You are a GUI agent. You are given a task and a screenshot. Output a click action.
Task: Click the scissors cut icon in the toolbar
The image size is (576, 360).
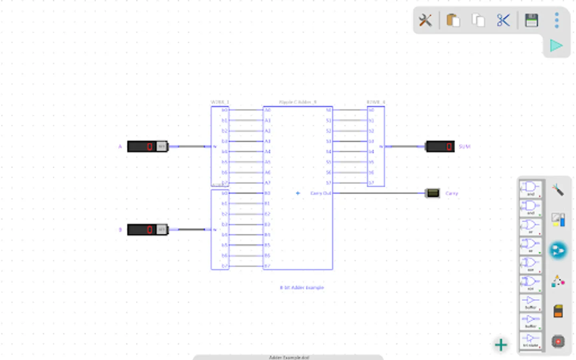pyautogui.click(x=503, y=20)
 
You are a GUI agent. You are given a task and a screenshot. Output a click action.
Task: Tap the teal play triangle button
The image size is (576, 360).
pyautogui.click(x=556, y=46)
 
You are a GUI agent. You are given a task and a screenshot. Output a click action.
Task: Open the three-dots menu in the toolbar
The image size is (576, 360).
pyautogui.click(x=556, y=20)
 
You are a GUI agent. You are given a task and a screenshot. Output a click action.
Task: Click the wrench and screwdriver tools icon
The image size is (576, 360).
pyautogui.click(x=425, y=20)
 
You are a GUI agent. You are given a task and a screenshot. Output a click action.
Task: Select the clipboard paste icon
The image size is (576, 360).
pyautogui.click(x=453, y=20)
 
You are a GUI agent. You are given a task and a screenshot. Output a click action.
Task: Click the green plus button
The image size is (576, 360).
pyautogui.click(x=501, y=345)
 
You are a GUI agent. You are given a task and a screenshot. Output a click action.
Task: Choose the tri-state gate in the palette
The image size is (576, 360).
pyautogui.click(x=530, y=340)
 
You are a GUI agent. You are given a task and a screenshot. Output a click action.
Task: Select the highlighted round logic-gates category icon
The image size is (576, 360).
pyautogui.click(x=558, y=251)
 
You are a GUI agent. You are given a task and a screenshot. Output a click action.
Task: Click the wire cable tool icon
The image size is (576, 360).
pyautogui.click(x=558, y=190)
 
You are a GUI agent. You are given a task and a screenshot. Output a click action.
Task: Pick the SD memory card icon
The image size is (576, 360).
pyautogui.click(x=558, y=311)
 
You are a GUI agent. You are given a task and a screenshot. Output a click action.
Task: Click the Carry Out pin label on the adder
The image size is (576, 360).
pyautogui.click(x=321, y=193)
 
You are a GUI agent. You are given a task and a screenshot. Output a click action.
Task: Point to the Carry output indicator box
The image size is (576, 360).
pyautogui.click(x=432, y=193)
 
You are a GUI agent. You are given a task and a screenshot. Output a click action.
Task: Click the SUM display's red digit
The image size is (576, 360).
pyautogui.click(x=449, y=146)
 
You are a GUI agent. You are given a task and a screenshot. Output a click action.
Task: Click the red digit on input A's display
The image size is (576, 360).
pyautogui.click(x=150, y=146)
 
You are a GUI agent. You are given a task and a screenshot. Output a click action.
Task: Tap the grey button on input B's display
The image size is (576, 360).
pyautogui.click(x=161, y=230)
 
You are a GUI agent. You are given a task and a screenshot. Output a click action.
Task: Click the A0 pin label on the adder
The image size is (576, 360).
pyautogui.click(x=268, y=110)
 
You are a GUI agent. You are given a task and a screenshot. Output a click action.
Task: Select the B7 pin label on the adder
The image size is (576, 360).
pyautogui.click(x=267, y=266)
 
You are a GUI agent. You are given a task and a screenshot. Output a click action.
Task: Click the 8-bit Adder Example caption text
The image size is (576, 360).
pyautogui.click(x=302, y=288)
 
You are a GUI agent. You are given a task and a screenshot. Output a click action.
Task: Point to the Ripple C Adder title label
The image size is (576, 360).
pyautogui.click(x=298, y=102)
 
